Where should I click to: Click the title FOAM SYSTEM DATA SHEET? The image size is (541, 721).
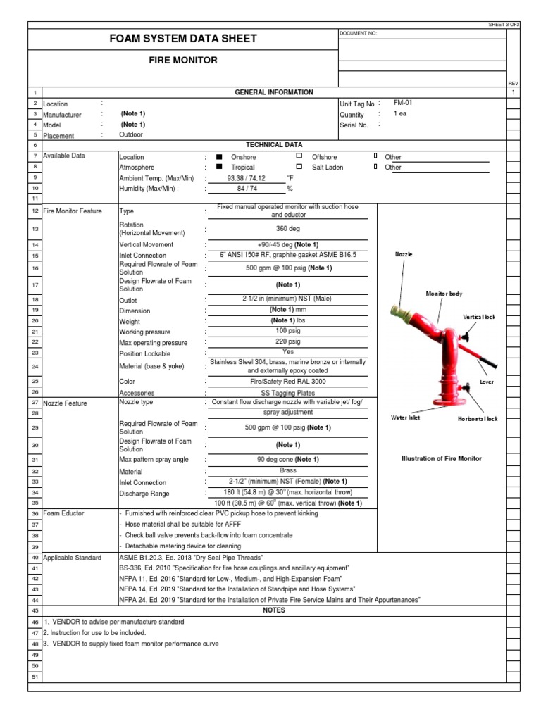coord(182,39)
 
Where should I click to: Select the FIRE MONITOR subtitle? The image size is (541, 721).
coord(182,61)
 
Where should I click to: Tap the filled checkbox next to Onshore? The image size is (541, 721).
coord(219,157)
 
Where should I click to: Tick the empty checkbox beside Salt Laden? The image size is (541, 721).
coord(299,168)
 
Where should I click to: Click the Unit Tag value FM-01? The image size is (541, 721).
coord(403,103)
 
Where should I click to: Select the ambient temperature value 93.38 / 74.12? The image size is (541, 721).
coord(247,178)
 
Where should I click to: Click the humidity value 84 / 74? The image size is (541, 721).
coord(247,189)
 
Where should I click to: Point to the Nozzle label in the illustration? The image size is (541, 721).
coord(404,254)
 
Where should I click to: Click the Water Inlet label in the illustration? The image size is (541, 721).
coord(406,418)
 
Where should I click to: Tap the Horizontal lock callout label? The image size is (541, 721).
coord(478,419)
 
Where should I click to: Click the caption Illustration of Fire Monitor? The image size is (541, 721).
coord(441,458)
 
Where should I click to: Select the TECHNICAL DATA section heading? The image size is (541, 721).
coord(273,144)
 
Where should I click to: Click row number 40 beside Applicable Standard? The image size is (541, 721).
coord(35,558)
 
